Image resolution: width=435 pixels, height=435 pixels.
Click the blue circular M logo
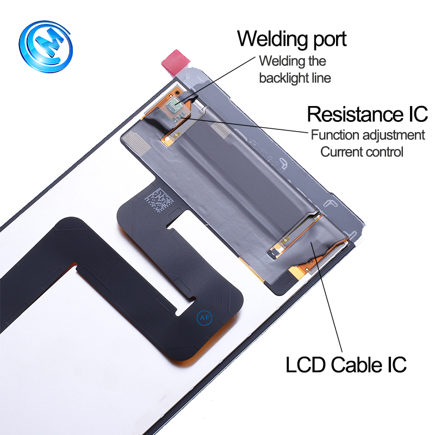pos(46,46)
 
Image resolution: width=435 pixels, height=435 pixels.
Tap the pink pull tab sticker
pos(176,63)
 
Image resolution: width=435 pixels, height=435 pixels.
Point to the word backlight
pos(283,78)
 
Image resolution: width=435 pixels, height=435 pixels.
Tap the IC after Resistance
pos(418,114)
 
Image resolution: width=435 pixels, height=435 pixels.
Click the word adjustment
pos(393,135)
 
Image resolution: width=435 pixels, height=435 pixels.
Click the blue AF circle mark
pos(204,318)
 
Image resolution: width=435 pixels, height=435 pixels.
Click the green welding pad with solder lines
pos(175,105)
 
